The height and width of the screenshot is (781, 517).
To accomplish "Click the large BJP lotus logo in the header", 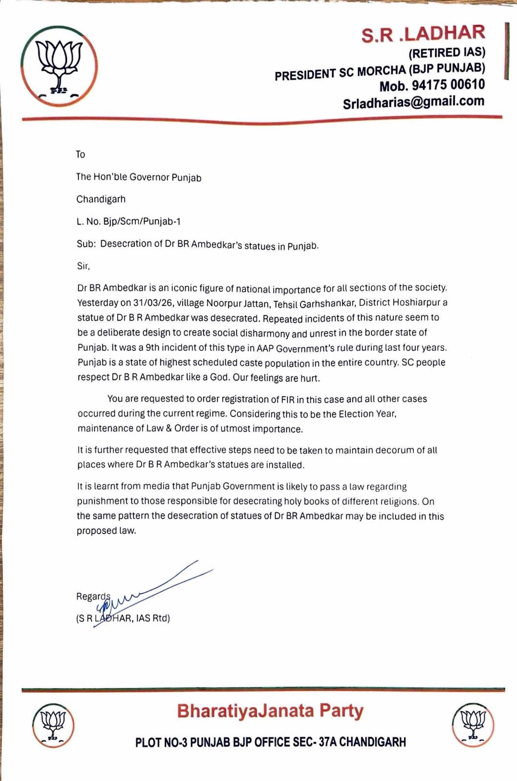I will tap(59, 66).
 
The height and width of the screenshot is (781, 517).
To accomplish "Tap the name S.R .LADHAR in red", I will tap(423, 34).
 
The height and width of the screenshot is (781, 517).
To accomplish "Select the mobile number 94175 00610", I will tap(448, 85).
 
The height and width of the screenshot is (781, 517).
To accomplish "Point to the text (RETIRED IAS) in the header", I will tap(447, 52).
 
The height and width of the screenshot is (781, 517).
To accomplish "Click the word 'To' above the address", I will tap(81, 154).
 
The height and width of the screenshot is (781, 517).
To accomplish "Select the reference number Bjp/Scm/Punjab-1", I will tap(142, 222).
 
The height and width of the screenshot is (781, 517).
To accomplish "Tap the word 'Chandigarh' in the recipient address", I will tap(101, 199).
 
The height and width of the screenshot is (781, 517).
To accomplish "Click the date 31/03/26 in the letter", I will tap(149, 303).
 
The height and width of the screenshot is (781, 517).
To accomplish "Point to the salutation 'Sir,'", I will tap(84, 267).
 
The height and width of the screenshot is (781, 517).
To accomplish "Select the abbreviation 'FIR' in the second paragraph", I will tap(287, 399).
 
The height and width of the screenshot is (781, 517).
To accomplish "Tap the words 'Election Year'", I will tap(367, 414).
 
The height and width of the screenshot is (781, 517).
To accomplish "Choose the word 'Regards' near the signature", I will tap(93, 596).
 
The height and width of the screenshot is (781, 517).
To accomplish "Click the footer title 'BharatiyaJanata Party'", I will tap(270, 711).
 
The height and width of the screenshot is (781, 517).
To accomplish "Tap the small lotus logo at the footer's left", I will tap(53, 725).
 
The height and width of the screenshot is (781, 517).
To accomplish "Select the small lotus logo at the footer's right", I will tap(473, 725).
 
